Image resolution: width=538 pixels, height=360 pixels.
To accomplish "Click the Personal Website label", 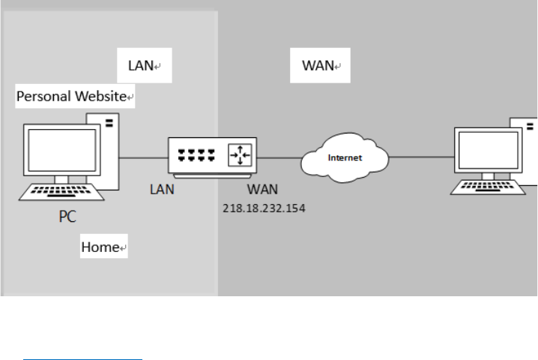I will pos(75,97).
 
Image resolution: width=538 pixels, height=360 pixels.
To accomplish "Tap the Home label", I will pos(103,247).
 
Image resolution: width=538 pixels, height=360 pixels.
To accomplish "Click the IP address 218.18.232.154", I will pos(263,206).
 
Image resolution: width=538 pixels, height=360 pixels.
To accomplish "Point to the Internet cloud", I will pos(345,158).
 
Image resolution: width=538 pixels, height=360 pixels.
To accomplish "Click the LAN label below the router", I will pos(161,190).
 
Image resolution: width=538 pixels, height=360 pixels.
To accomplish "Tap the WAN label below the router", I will pos(262,190).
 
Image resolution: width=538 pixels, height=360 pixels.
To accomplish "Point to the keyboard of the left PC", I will pos(60,193).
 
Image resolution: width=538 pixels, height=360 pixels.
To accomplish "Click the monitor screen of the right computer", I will pos(487,150).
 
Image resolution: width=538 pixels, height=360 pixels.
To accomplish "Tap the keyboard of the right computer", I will pos(487,187).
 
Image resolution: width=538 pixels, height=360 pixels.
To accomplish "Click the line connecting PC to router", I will pos(142,157).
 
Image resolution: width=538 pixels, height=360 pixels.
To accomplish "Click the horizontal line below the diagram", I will pos(82,338).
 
